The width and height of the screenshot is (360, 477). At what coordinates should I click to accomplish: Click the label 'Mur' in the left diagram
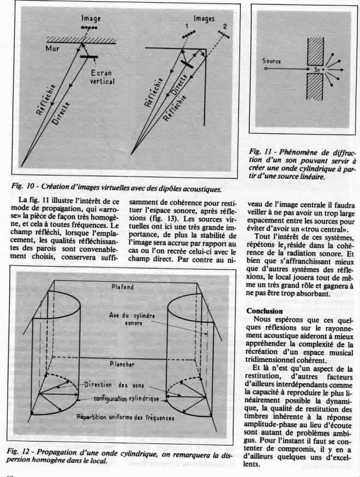pyautogui.click(x=52, y=49)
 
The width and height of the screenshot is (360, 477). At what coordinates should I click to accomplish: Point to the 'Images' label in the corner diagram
pyautogui.click(x=205, y=18)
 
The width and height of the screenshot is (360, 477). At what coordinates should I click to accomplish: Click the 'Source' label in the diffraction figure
pyautogui.click(x=271, y=62)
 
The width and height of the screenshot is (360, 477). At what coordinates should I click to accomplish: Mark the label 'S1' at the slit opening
pyautogui.click(x=316, y=70)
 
